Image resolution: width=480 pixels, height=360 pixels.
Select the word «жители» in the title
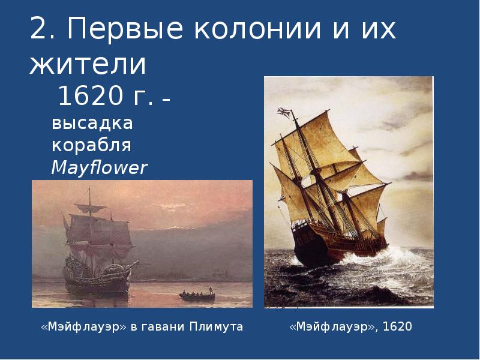[x=88, y=64]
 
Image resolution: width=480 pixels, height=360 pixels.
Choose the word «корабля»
[x=91, y=146]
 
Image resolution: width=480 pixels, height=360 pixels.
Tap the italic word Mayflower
[x=99, y=168]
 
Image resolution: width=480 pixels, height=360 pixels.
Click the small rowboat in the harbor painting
[x=197, y=295]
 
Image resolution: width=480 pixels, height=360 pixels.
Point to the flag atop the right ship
[x=283, y=112]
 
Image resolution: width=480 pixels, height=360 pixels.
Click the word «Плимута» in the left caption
[x=216, y=327]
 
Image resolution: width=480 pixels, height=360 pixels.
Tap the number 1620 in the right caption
[x=397, y=327]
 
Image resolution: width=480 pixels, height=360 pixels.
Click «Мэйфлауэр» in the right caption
[x=333, y=327]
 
